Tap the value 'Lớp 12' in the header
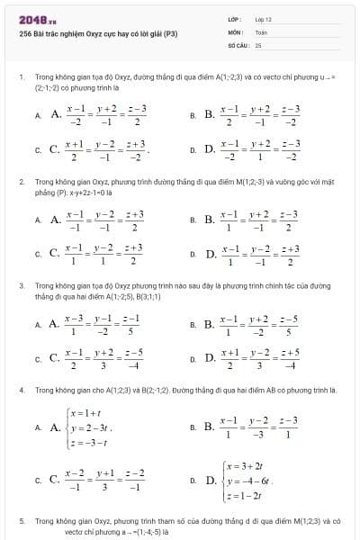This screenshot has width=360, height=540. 264,18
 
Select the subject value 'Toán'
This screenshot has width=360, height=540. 262,31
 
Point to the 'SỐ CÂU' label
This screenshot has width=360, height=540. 238,43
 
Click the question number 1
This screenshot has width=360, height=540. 21,78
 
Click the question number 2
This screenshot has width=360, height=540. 21,181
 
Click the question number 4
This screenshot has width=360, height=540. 21,391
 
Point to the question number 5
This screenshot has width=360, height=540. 21,521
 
